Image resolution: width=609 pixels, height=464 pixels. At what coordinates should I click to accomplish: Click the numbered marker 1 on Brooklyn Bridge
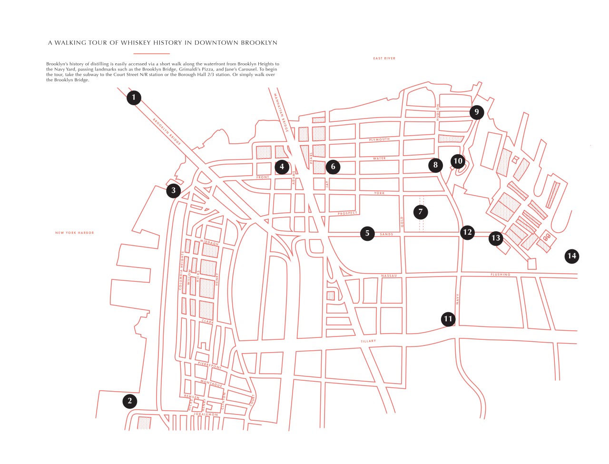pyautogui.click(x=134, y=98)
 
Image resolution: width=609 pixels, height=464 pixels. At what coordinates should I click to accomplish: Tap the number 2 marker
pyautogui.click(x=129, y=401)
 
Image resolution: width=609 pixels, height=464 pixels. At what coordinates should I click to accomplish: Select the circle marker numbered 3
pyautogui.click(x=173, y=190)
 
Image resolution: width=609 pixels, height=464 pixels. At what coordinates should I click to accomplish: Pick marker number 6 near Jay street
pyautogui.click(x=333, y=166)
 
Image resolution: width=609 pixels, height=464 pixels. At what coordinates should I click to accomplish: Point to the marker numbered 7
pyautogui.click(x=421, y=212)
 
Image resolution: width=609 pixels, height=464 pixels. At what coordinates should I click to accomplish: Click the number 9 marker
pyautogui.click(x=476, y=112)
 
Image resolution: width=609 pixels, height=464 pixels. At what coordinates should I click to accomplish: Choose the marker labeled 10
pyautogui.click(x=458, y=161)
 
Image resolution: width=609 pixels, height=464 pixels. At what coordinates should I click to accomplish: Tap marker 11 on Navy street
pyautogui.click(x=448, y=318)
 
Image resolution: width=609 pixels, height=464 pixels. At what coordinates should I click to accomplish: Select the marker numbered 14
pyautogui.click(x=571, y=256)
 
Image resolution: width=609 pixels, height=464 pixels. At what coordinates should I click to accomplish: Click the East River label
pyautogui.click(x=384, y=58)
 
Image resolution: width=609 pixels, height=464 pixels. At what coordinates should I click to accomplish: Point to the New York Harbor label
pyautogui.click(x=75, y=233)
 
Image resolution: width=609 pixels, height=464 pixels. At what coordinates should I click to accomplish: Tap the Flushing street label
pyautogui.click(x=500, y=275)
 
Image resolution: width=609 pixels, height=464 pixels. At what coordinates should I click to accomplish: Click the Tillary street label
pyautogui.click(x=368, y=341)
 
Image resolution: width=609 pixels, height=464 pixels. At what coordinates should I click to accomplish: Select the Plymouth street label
pyautogui.click(x=379, y=139)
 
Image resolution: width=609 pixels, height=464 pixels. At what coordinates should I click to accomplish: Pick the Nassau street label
pyautogui.click(x=389, y=276)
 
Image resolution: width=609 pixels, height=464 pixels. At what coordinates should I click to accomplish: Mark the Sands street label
pyautogui.click(x=386, y=234)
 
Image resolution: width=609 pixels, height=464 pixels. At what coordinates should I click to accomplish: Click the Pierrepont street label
pyautogui.click(x=210, y=365)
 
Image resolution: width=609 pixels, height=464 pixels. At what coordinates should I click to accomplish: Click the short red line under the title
pyautogui.click(x=151, y=54)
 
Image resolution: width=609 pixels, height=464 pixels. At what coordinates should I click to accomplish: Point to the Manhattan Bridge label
pyautogui.click(x=282, y=112)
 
